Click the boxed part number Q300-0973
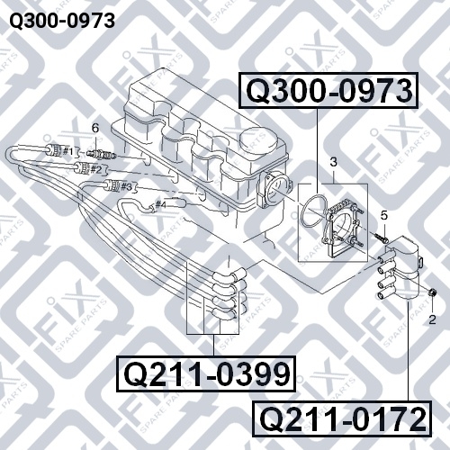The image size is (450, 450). (x=328, y=90)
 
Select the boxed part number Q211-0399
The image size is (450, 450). (x=206, y=373)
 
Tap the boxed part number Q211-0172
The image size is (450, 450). (x=342, y=418)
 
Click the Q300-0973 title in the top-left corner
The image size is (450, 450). (x=62, y=21)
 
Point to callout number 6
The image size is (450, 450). (x=95, y=129)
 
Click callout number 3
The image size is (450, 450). (x=334, y=162)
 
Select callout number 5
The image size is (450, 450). (x=384, y=215)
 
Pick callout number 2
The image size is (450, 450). (x=432, y=319)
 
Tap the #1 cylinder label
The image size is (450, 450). (x=67, y=151)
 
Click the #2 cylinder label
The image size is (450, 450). (x=96, y=170)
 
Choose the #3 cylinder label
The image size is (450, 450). (x=126, y=187)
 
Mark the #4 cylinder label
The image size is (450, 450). (x=161, y=205)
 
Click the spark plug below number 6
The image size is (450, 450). (x=101, y=154)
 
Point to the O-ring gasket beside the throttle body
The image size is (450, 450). (x=313, y=211)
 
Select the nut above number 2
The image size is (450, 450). (x=432, y=292)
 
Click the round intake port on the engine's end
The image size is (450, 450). (x=274, y=191)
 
